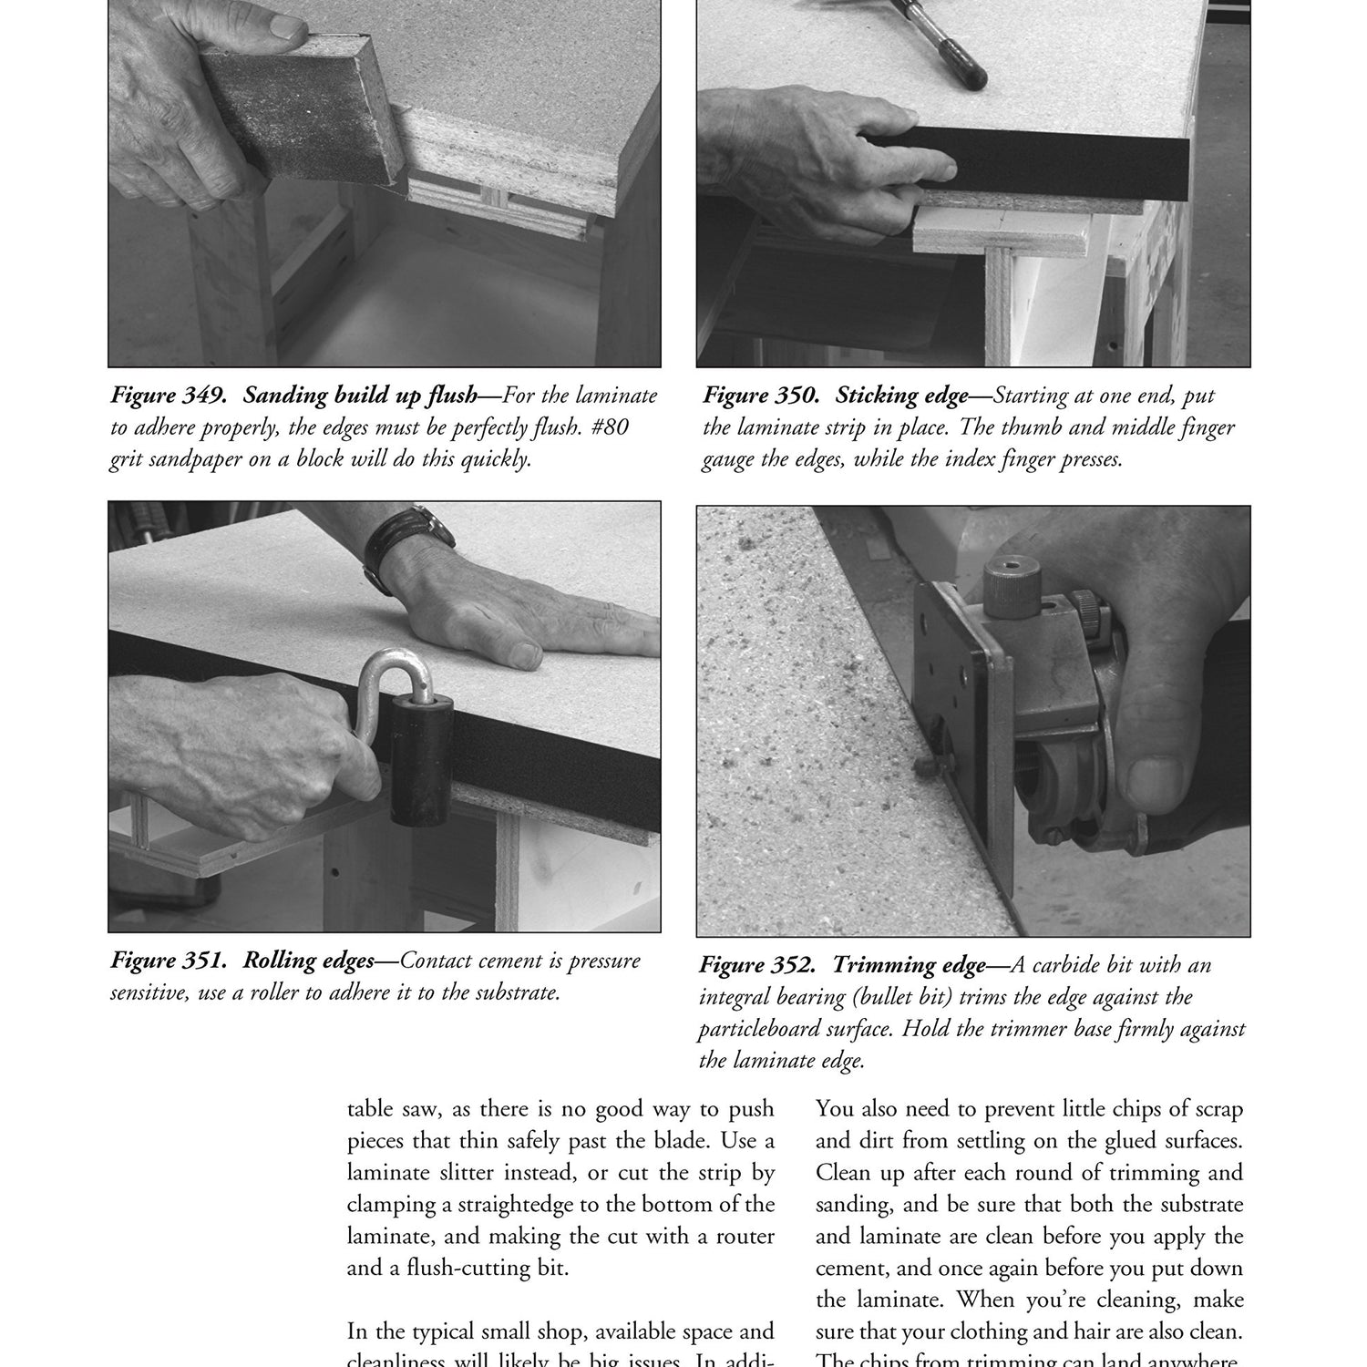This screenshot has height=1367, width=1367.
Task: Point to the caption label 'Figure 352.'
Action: point(759,965)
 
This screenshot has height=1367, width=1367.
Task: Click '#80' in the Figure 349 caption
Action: point(603,427)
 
